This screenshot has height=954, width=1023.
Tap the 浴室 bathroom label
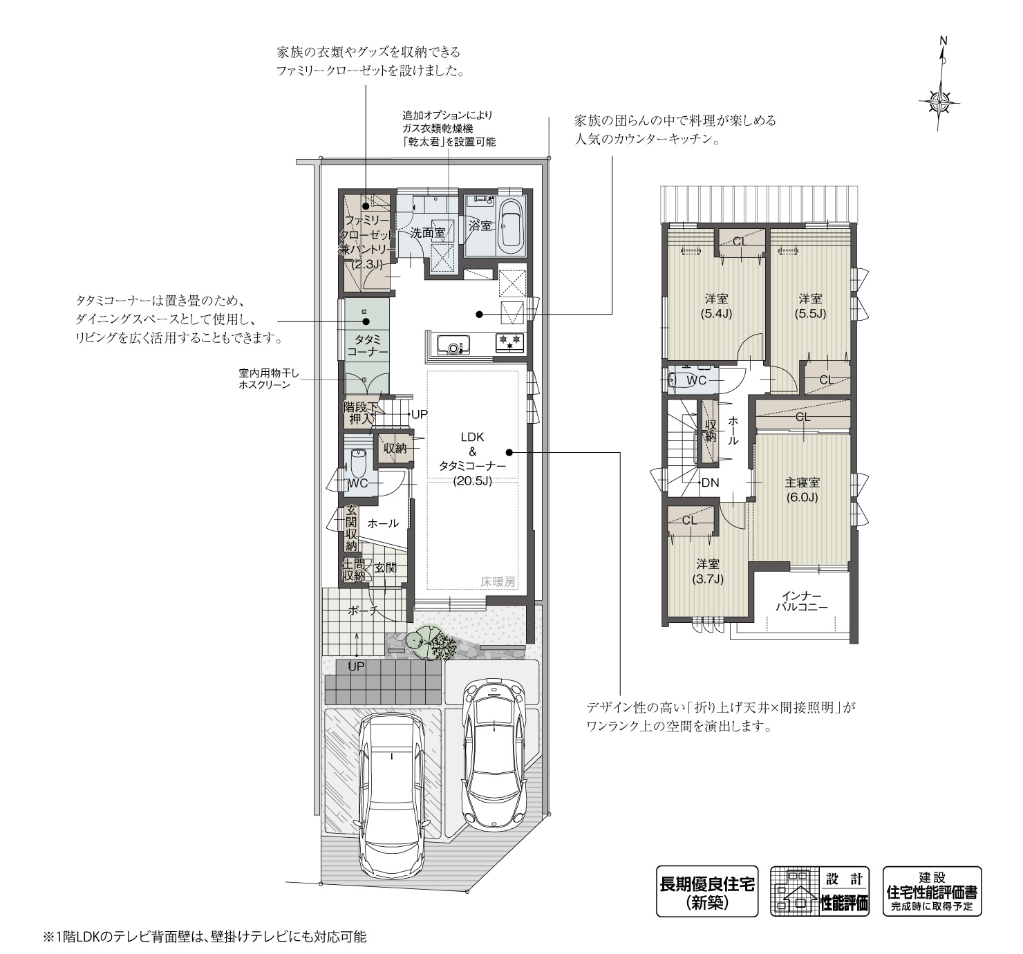[480, 225]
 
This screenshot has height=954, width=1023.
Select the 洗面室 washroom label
[426, 233]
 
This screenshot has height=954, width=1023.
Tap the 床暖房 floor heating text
[498, 582]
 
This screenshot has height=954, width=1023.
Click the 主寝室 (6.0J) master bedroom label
[802, 489]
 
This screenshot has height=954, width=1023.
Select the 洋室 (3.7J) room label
[707, 572]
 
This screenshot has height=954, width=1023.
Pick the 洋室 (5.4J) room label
[717, 306]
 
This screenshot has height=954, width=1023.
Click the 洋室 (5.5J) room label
[810, 306]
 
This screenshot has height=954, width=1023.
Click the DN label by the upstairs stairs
[710, 483]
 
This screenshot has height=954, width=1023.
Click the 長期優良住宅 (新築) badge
[706, 891]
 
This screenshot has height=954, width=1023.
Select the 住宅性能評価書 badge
[932, 891]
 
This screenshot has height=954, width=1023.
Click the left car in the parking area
[391, 795]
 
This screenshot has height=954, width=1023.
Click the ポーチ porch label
[363, 610]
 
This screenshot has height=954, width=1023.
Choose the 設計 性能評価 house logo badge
[820, 891]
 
